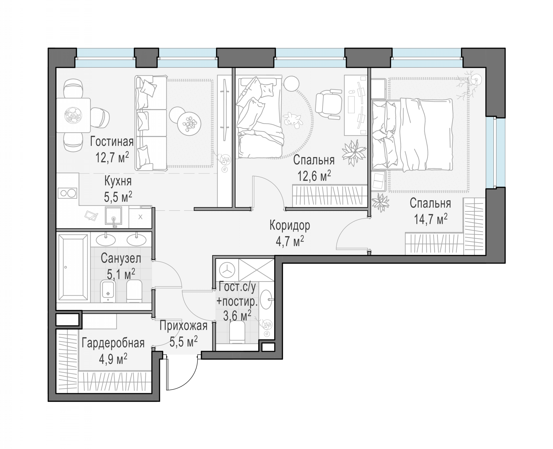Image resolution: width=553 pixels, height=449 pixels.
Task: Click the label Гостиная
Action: (x=112, y=142)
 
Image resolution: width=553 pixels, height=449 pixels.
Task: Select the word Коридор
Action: (x=290, y=226)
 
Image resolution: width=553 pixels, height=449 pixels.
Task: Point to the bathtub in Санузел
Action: (x=73, y=267)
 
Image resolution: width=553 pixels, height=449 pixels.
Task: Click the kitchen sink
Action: (x=113, y=216)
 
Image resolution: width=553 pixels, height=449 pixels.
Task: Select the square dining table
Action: (x=73, y=115)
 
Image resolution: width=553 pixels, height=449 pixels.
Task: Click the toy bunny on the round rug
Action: (x=293, y=120)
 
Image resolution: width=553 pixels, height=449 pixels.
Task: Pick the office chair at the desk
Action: (x=328, y=104)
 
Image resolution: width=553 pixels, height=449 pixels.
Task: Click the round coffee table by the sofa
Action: (x=189, y=124)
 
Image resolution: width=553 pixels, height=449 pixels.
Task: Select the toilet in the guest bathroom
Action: (x=237, y=332)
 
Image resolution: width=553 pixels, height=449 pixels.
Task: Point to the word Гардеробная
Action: (x=113, y=343)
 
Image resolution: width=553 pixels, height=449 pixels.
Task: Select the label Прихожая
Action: (x=183, y=326)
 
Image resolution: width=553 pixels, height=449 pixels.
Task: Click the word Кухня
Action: (x=118, y=181)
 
